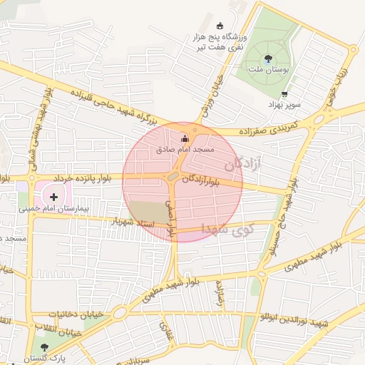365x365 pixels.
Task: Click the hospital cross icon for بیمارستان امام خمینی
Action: [53, 196]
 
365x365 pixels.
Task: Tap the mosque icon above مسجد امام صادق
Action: [186, 138]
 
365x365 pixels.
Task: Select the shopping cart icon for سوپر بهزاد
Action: [285, 94]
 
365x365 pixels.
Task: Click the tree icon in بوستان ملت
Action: [268, 58]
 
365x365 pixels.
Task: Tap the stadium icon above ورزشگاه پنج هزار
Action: [220, 25]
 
